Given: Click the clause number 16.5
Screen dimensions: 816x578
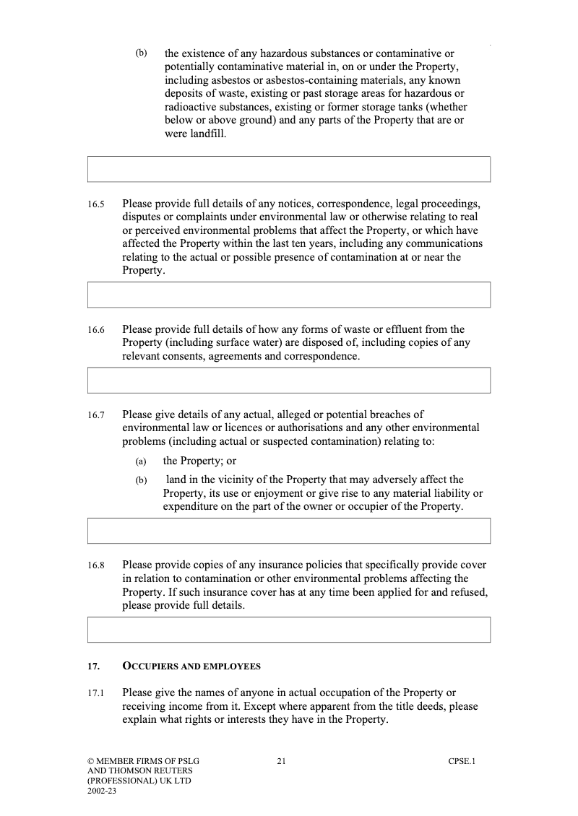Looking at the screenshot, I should pyautogui.click(x=96, y=204).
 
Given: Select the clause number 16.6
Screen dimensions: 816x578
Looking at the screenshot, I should pyautogui.click(x=96, y=330).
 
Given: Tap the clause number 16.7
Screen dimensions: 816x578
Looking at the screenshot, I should pyautogui.click(x=96, y=416).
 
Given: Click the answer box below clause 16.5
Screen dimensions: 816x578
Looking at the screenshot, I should pyautogui.click(x=288, y=295).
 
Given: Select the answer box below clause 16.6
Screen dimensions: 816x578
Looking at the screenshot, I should pyautogui.click(x=288, y=381).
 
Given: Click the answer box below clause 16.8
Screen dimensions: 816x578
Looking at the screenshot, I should pyautogui.click(x=288, y=630).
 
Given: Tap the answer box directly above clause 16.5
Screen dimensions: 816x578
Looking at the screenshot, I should pyautogui.click(x=288, y=169).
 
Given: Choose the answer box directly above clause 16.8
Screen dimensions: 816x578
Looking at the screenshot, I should pyautogui.click(x=288, y=531).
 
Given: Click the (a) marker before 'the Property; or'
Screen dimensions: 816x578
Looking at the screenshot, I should pyautogui.click(x=141, y=461).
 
